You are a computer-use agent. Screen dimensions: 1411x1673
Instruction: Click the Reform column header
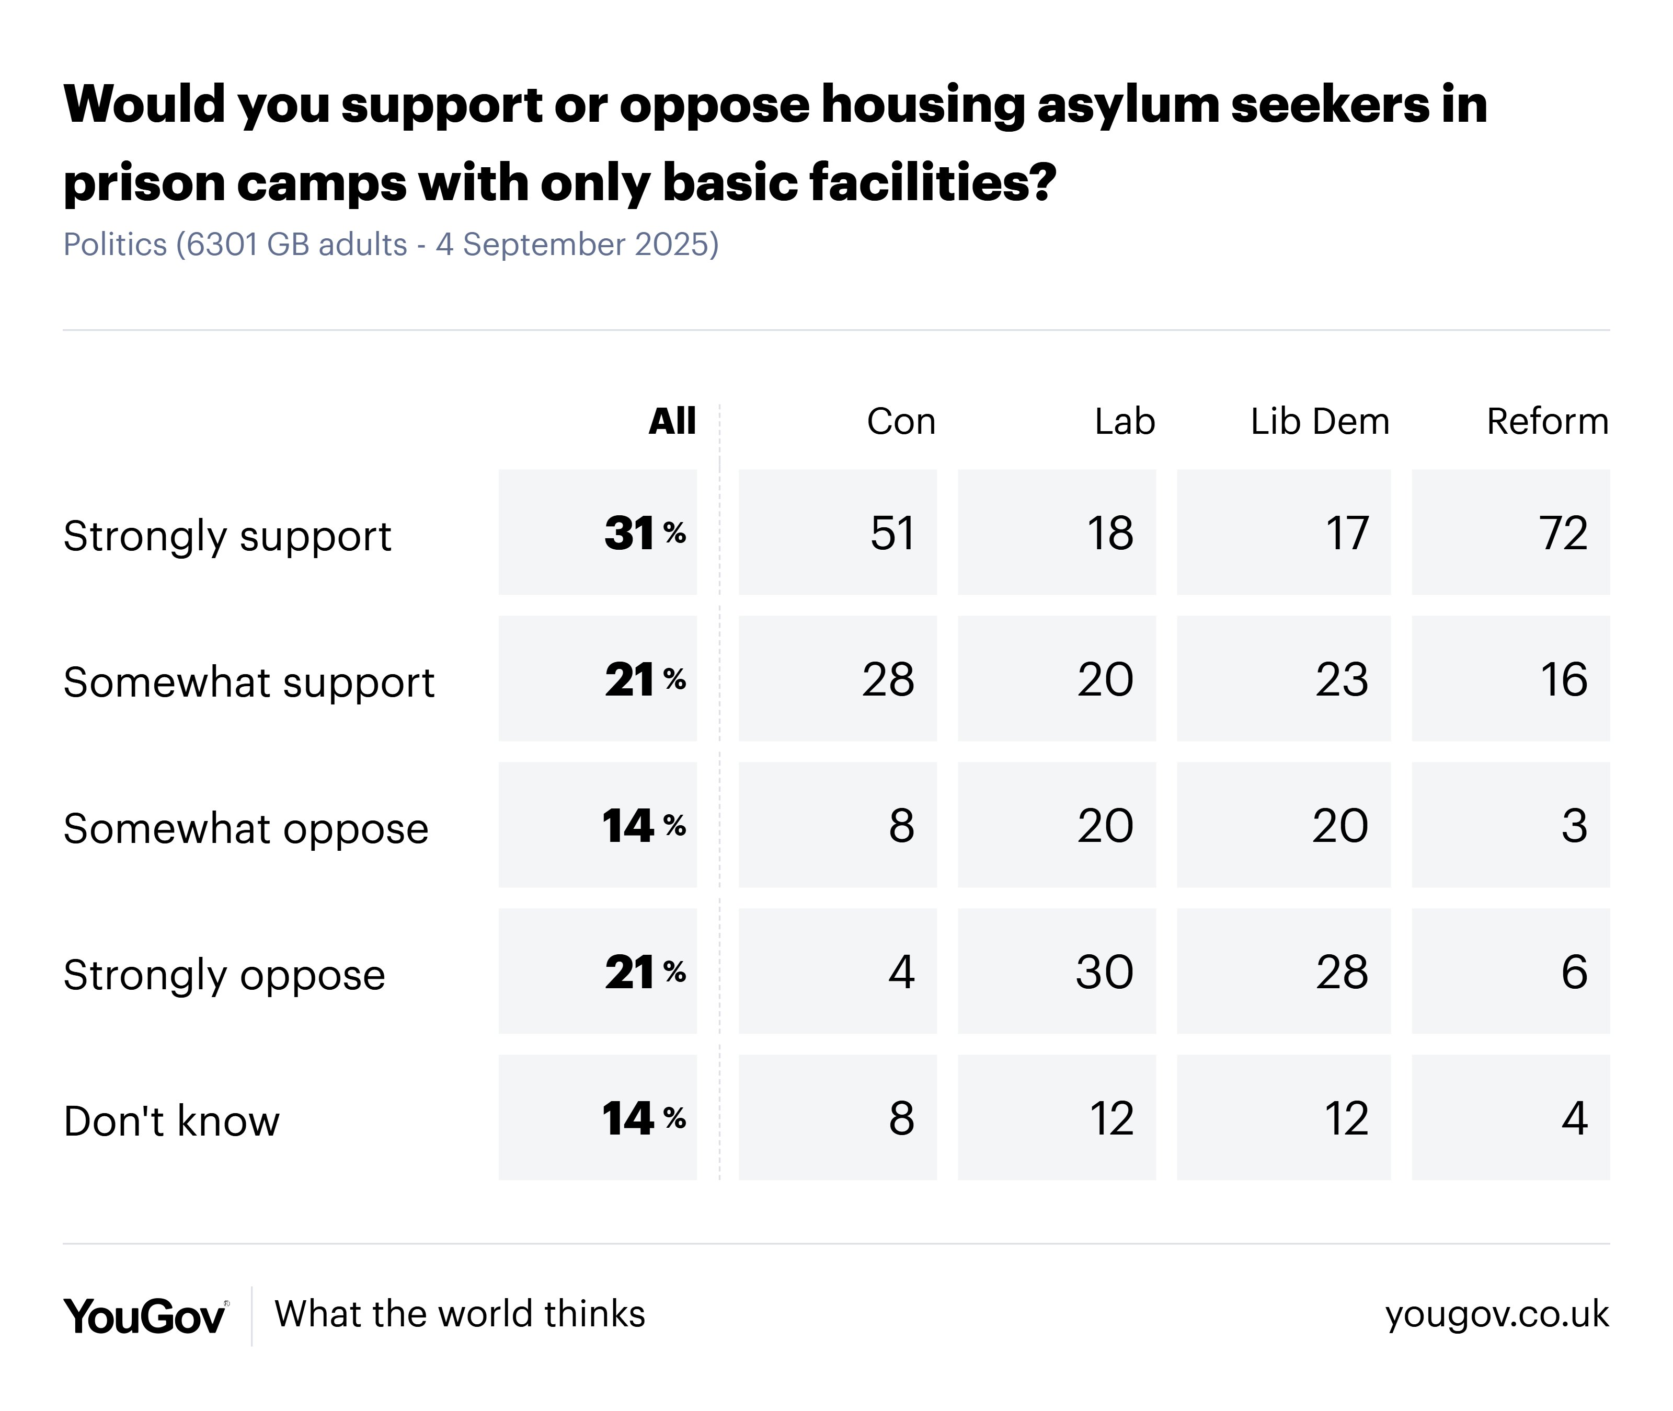[1546, 422]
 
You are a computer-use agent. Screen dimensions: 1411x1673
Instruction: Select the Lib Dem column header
[1320, 422]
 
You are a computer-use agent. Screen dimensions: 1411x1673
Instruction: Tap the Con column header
[901, 422]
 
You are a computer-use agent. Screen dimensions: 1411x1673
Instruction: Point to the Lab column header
[1124, 422]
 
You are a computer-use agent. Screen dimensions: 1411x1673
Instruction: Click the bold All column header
[672, 422]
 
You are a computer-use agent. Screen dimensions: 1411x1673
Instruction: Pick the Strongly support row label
[227, 536]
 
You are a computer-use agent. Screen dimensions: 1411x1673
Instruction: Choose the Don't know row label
[171, 1120]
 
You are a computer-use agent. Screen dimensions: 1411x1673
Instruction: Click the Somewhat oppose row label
[246, 829]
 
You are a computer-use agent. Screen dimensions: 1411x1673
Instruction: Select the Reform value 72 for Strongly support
[1563, 534]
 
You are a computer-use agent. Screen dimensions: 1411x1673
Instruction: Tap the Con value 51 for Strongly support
[892, 534]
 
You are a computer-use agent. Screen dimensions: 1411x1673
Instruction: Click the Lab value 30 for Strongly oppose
[1104, 973]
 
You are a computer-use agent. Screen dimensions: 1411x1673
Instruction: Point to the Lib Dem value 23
[1342, 680]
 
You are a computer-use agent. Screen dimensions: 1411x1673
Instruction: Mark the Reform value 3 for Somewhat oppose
[1574, 826]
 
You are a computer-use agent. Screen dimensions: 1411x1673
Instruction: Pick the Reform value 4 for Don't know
[1574, 1118]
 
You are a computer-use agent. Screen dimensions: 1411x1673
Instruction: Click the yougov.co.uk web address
[1496, 1314]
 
